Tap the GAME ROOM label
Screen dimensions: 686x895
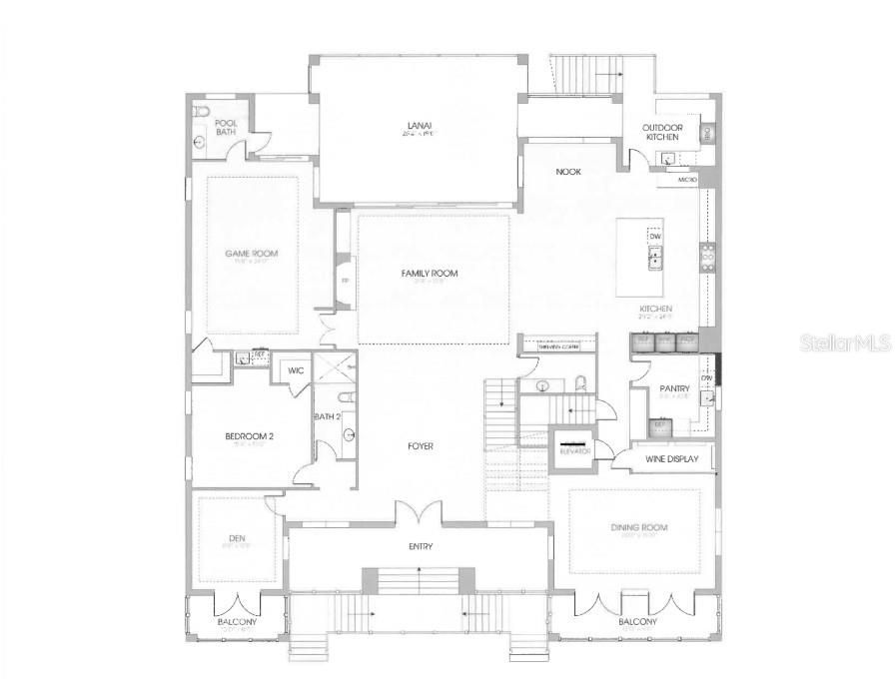pos(252,254)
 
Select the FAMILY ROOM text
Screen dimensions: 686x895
pos(430,273)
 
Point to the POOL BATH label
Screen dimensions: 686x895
pos(226,128)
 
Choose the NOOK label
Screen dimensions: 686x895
pos(568,172)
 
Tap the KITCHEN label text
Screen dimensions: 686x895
pos(656,310)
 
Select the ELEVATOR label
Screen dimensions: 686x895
pos(574,451)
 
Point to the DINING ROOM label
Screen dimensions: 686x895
pos(639,527)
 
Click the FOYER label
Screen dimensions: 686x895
pos(420,446)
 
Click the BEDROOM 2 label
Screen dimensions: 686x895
pos(249,436)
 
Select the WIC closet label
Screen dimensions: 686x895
pos(296,370)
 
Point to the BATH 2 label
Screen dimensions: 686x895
pos(328,416)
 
